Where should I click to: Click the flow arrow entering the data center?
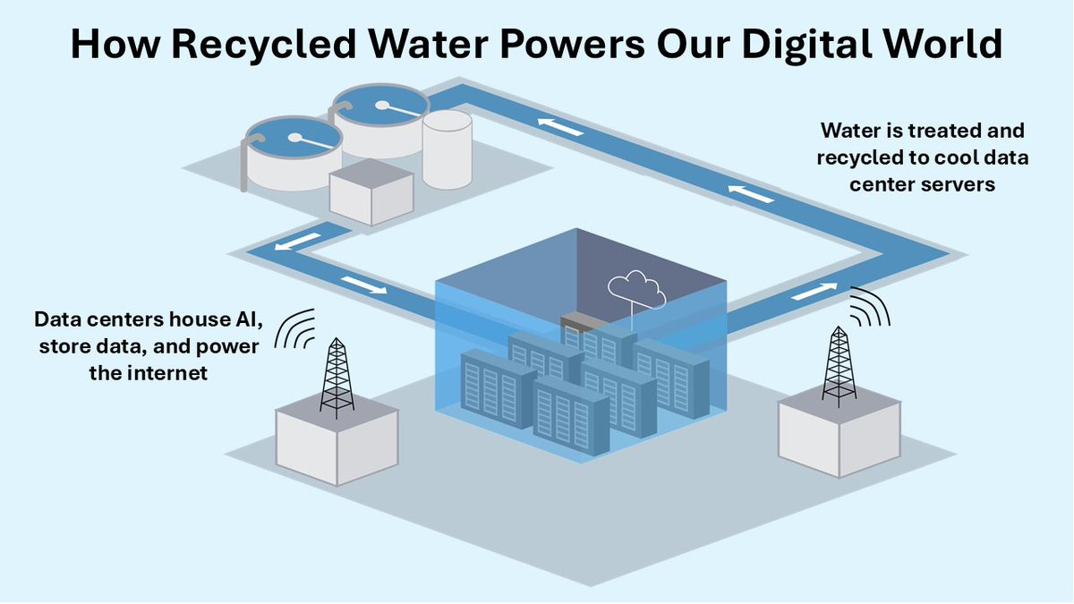click(x=363, y=284)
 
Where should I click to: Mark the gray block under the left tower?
click(x=337, y=443)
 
